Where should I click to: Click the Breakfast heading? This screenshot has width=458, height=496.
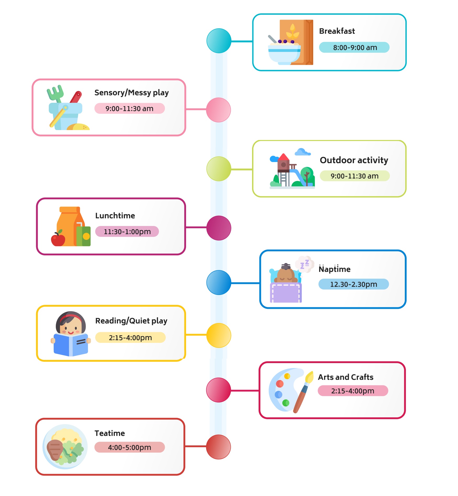[337, 31]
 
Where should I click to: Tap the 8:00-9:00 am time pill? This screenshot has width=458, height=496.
[354, 47]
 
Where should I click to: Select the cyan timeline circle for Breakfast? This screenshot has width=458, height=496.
[219, 41]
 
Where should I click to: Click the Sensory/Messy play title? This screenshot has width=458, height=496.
[131, 93]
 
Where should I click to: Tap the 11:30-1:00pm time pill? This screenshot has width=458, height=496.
[127, 231]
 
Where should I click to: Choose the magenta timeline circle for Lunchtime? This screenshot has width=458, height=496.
[219, 228]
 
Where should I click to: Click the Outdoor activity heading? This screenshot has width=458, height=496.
[354, 160]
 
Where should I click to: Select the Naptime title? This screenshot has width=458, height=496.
[334, 269]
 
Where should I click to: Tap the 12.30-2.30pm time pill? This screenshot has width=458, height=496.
[353, 284]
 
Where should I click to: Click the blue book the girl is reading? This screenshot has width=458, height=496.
[71, 344]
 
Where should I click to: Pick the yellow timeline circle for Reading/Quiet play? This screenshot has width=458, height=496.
[219, 335]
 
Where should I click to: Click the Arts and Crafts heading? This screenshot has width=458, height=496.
[346, 377]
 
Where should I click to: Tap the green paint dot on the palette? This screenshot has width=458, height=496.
[286, 403]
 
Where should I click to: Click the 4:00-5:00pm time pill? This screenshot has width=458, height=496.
[129, 447]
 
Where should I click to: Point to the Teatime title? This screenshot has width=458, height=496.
[110, 433]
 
